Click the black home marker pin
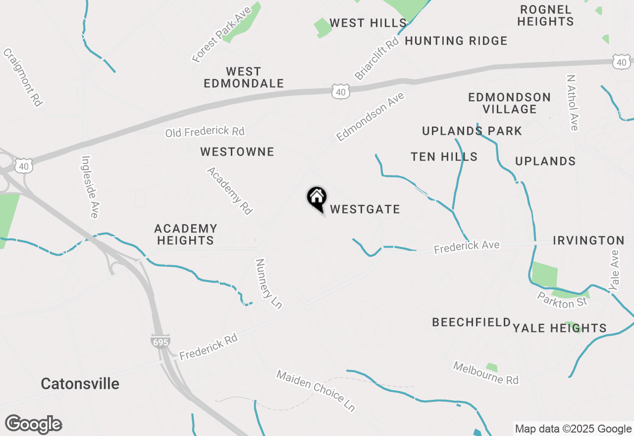[317, 199]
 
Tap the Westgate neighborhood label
[365, 210]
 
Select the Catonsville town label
[80, 384]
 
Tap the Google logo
[33, 424]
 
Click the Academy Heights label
[185, 234]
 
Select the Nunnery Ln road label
[268, 283]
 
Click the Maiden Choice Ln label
[316, 390]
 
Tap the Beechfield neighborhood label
[471, 323]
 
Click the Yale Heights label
[560, 328]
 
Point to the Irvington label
[588, 241]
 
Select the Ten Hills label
[444, 157]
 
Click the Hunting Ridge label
[456, 41]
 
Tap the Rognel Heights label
[547, 15]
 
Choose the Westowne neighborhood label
[237, 152]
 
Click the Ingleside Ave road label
[90, 187]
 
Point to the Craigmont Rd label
[23, 77]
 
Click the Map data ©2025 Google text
[573, 429]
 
